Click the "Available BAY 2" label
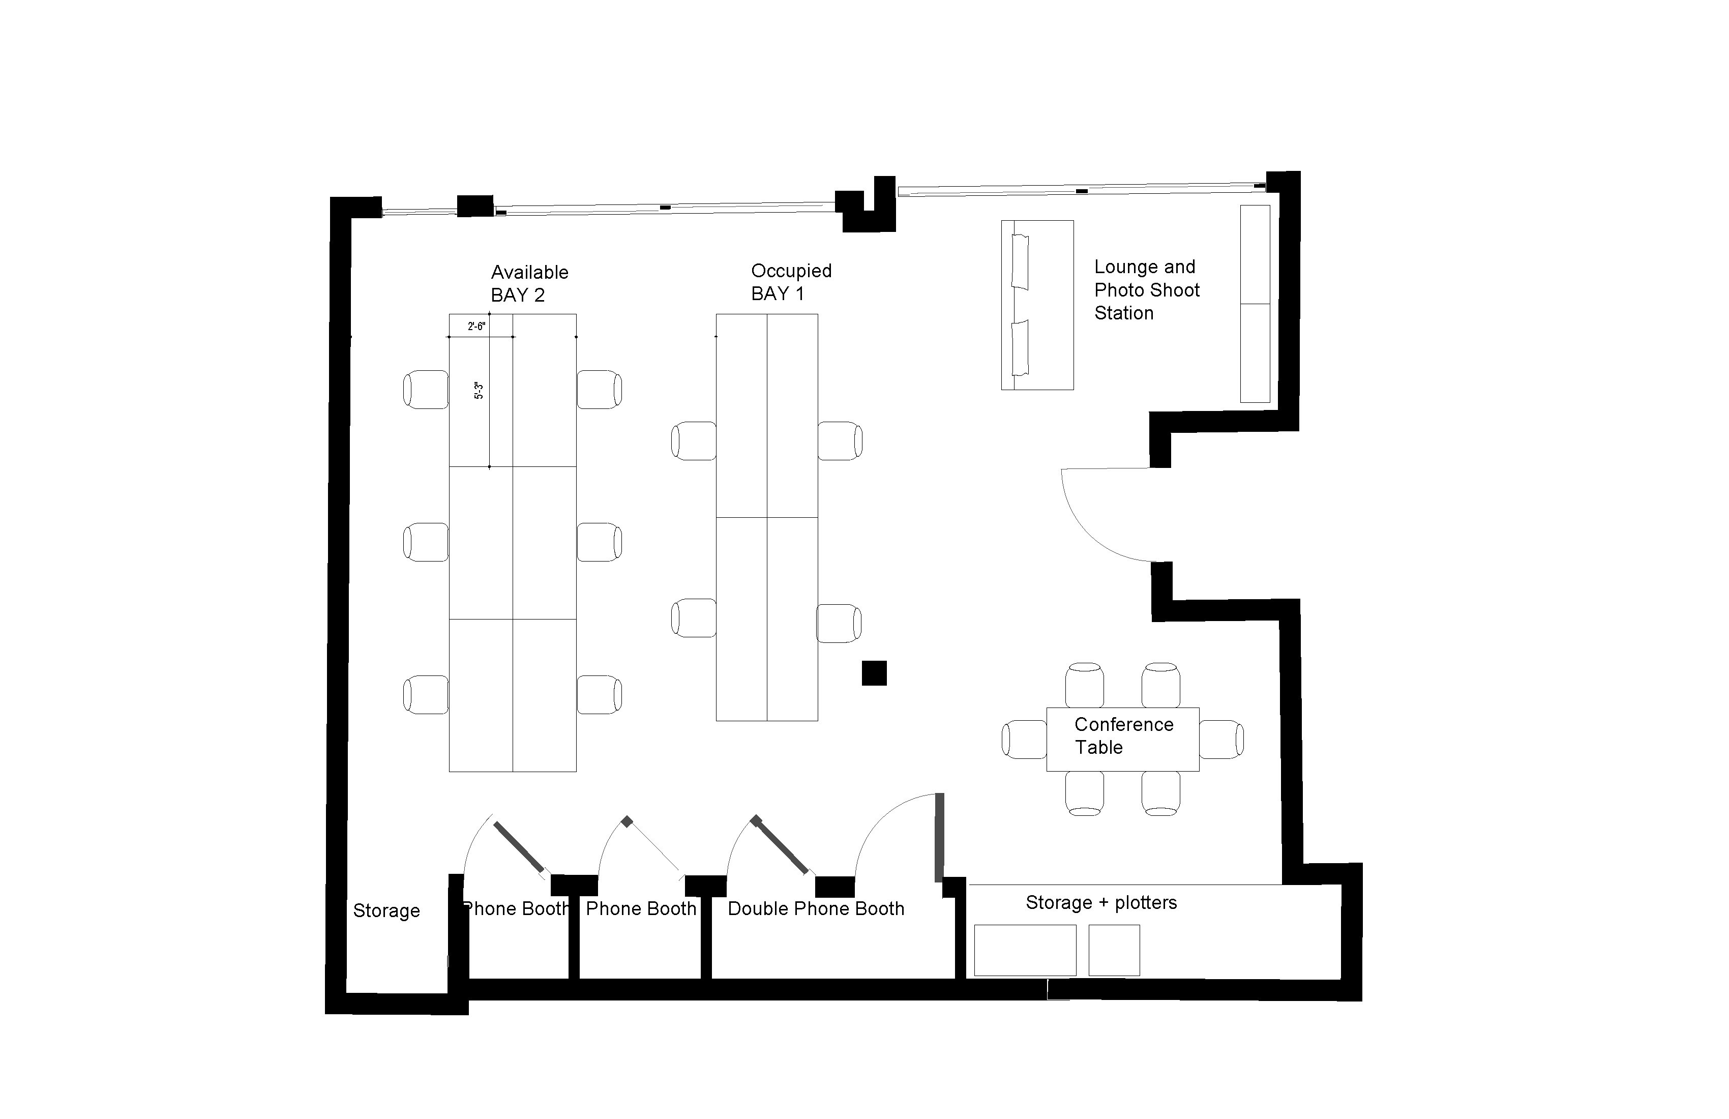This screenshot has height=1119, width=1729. [x=529, y=283]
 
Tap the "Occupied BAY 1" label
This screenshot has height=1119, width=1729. [x=791, y=282]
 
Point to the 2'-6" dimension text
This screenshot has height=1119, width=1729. [x=476, y=326]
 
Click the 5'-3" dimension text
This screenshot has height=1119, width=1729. [x=479, y=390]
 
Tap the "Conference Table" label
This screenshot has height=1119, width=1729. [x=1123, y=736]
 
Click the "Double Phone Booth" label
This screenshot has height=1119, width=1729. [x=816, y=909]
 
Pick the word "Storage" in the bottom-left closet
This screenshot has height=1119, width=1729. [x=386, y=911]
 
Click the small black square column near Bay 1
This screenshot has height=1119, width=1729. [x=874, y=673]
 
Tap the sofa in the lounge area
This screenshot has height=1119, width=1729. [x=1037, y=305]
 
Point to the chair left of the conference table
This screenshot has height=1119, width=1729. [x=1024, y=739]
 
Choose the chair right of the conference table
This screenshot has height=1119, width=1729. [x=1221, y=739]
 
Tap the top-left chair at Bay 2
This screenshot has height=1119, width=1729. [x=426, y=390]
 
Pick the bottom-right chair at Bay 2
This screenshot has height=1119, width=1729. [x=600, y=695]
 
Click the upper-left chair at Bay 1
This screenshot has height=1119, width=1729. [x=694, y=440]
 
